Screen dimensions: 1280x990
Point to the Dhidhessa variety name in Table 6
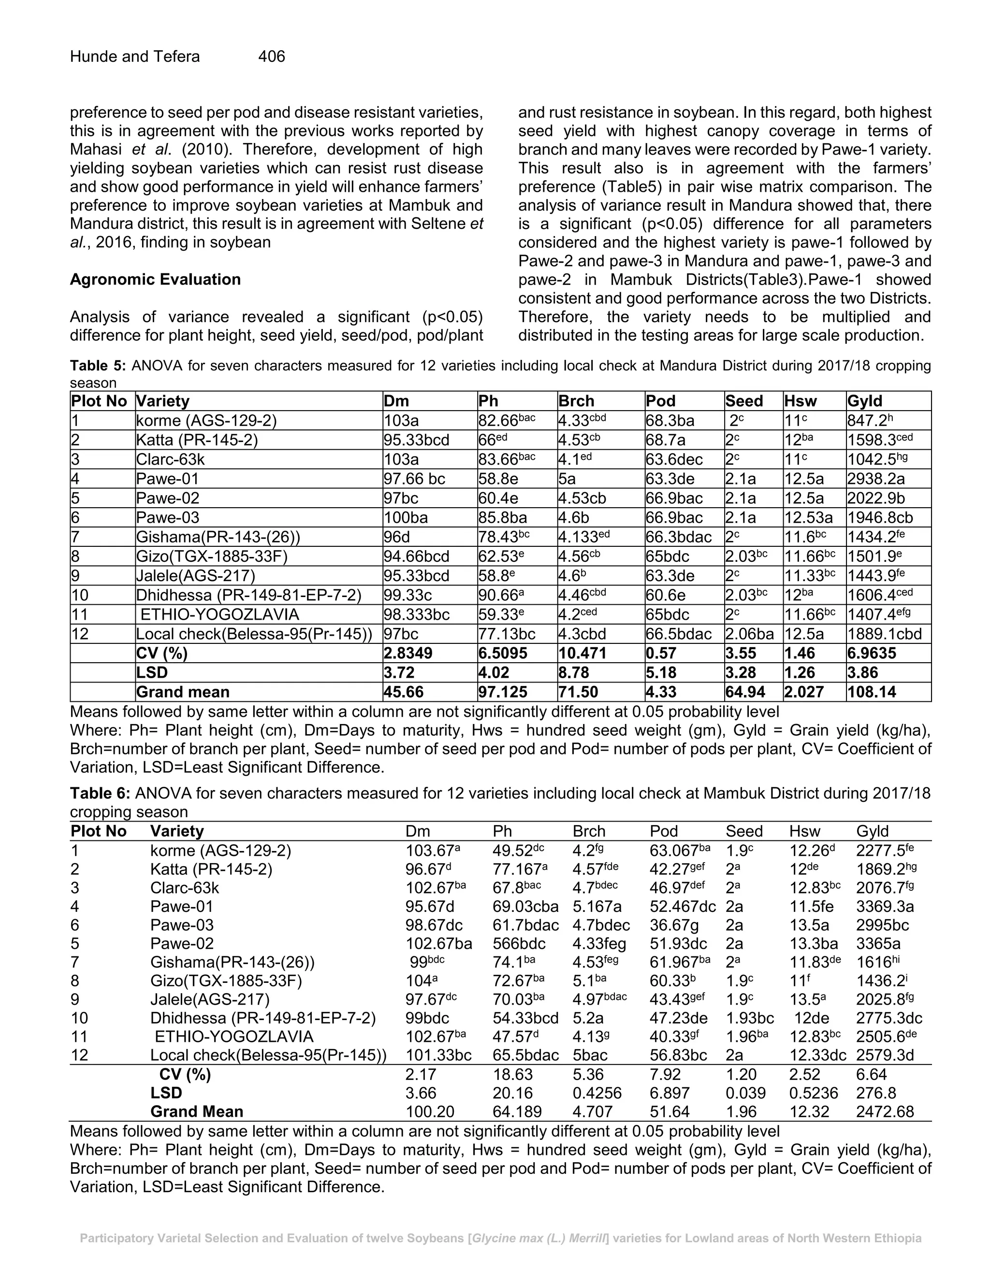263,1018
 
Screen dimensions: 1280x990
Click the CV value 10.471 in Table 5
582,654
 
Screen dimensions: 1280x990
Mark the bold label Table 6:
100,794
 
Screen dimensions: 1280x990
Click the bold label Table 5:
98,366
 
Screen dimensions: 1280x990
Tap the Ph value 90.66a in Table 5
501,596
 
